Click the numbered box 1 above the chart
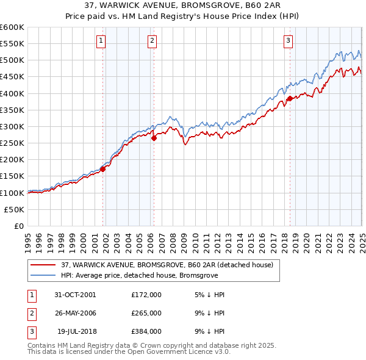point(100,41)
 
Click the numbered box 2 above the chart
point(151,41)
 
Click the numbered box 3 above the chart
point(287,41)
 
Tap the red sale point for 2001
point(103,170)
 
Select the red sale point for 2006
point(154,138)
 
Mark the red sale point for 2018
point(290,99)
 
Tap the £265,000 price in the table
point(146,313)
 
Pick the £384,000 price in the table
point(146,332)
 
